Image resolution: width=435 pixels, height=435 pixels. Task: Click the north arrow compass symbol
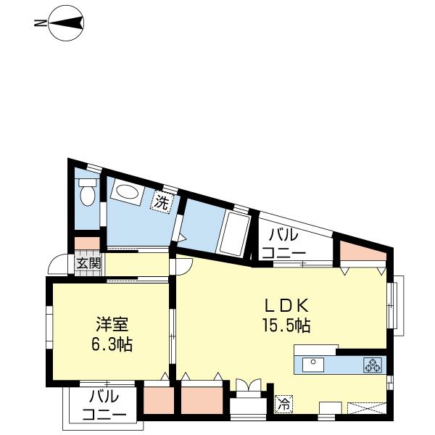pyautogui.click(x=66, y=23)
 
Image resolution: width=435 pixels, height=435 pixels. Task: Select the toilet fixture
pyautogui.click(x=88, y=192)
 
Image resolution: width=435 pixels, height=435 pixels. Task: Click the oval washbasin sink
pyautogui.click(x=127, y=191)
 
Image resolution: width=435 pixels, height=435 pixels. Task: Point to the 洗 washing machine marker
pyautogui.click(x=162, y=202)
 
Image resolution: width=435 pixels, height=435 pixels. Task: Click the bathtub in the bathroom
pyautogui.click(x=234, y=234)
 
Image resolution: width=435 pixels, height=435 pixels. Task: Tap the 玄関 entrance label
pyautogui.click(x=88, y=263)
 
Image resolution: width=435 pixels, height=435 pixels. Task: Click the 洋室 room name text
pyautogui.click(x=112, y=324)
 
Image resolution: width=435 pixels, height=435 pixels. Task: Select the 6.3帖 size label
pyautogui.click(x=112, y=344)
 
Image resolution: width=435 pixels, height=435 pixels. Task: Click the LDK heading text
pyautogui.click(x=286, y=305)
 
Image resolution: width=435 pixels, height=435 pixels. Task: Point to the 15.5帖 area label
pyautogui.click(x=286, y=326)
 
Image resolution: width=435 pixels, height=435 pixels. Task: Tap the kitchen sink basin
pyautogui.click(x=313, y=365)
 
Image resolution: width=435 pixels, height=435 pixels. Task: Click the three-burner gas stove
pyautogui.click(x=373, y=365)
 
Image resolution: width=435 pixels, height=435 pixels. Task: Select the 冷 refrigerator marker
pyautogui.click(x=284, y=404)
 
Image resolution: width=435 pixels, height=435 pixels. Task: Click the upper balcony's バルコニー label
pyautogui.click(x=283, y=244)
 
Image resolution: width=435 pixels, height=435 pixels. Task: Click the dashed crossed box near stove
pyautogui.click(x=366, y=407)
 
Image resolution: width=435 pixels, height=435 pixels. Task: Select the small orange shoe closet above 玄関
pyautogui.click(x=87, y=244)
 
